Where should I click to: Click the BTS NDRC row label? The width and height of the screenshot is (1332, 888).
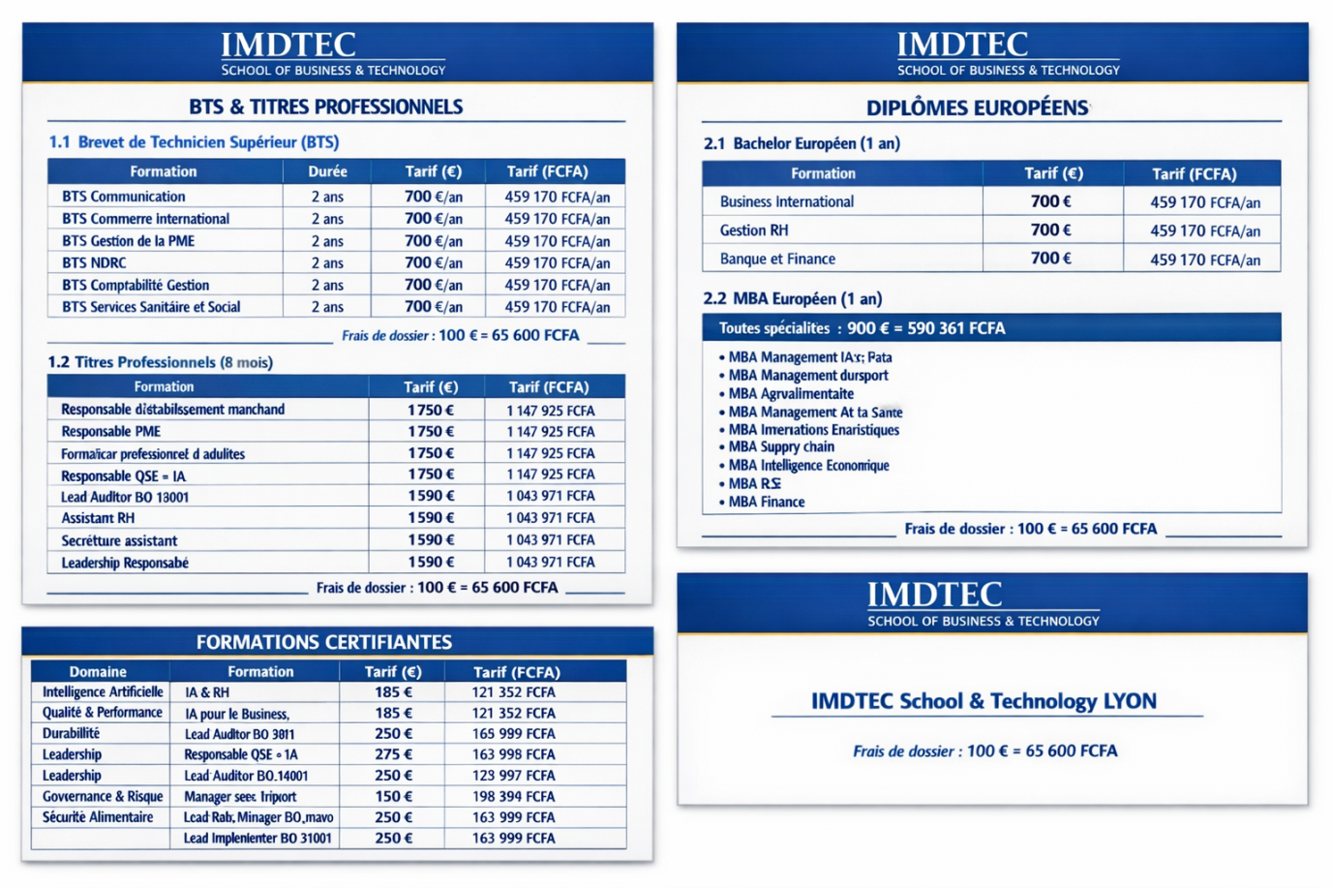[94, 262]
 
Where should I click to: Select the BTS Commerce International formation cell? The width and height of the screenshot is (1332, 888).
[145, 219]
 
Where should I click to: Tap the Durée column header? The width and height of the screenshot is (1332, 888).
[327, 171]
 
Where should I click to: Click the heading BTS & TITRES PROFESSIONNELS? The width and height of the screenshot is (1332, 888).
[325, 107]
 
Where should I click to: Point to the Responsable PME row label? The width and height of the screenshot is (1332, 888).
[110, 431]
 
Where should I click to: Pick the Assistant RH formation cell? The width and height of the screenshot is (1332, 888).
[98, 518]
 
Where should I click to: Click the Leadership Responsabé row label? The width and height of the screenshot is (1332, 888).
[125, 563]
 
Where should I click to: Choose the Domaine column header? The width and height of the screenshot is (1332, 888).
[98, 671]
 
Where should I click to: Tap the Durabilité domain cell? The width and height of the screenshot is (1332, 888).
[71, 733]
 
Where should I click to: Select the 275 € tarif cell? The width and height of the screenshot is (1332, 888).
[393, 754]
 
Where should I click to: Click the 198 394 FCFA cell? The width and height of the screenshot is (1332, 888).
[513, 796]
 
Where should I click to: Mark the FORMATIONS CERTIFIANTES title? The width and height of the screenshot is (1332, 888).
[323, 642]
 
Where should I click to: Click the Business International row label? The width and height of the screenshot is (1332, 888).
[786, 201]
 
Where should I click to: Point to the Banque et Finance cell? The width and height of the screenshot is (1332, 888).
[777, 259]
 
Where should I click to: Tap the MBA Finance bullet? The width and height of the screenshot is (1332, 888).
[766, 502]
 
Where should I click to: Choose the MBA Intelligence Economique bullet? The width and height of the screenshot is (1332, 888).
[808, 465]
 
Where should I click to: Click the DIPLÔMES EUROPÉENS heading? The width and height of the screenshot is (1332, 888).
[977, 107]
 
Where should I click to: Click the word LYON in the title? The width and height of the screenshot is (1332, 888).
[1130, 701]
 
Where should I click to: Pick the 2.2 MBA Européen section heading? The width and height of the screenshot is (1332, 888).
[792, 298]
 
